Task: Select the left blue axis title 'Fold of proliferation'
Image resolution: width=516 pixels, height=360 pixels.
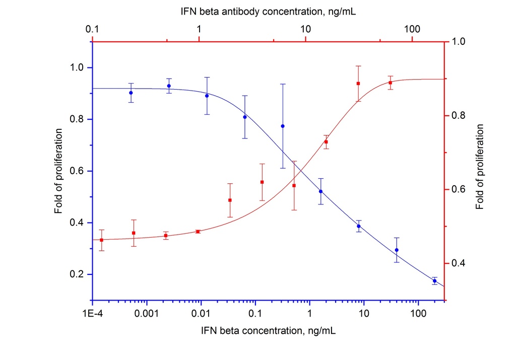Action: (60, 171)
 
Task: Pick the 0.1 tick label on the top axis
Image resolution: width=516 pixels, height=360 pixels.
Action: (92, 30)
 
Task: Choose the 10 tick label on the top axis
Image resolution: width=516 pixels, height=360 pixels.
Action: (305, 30)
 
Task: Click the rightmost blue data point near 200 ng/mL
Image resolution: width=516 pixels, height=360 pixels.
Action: (434, 281)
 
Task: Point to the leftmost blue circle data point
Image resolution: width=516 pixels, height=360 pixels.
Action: (131, 93)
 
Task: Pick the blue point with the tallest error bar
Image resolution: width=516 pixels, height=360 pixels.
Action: (283, 126)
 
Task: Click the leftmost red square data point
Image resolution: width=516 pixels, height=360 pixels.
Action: (102, 240)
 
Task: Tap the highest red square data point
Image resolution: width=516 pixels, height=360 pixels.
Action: (358, 84)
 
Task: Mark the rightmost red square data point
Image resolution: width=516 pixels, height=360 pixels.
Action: (391, 83)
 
